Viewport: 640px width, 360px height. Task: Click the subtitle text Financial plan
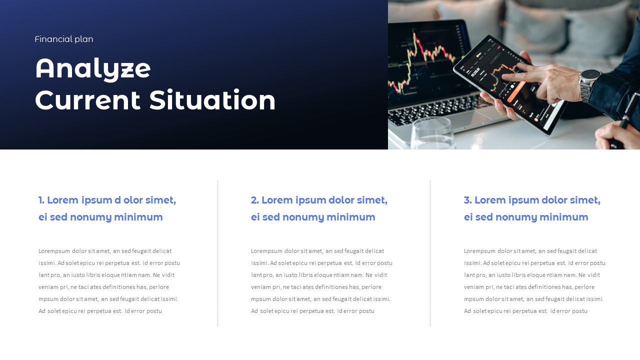coord(64,39)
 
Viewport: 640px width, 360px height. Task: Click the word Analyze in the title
coord(93,68)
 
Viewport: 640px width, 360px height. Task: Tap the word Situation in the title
coord(212,100)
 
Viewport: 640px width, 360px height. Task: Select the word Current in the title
coord(88,100)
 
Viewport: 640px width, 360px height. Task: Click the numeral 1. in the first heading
coord(41,200)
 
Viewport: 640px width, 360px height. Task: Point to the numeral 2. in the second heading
coord(254,200)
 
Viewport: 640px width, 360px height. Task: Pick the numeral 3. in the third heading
coord(467,200)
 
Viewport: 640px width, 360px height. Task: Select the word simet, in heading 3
coord(584,200)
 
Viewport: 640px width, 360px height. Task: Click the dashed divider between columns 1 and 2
coord(218,253)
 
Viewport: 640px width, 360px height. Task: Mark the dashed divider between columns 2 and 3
coord(430,253)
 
